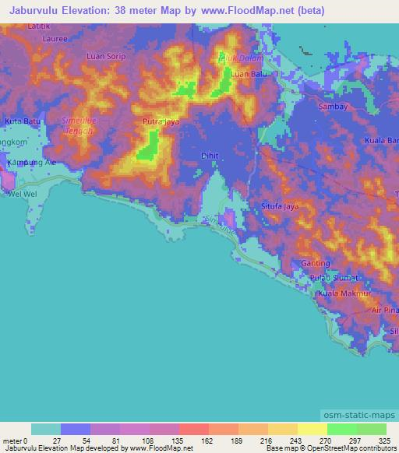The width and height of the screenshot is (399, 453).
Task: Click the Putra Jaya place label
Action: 162,122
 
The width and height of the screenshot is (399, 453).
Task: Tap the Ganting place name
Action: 316,264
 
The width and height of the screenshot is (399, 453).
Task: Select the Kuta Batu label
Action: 23,122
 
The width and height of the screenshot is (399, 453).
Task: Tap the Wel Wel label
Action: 23,194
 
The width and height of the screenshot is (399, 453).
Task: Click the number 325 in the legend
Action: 385,441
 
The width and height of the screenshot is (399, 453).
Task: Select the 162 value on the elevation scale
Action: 193,441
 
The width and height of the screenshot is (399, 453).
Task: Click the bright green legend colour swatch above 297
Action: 342,429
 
